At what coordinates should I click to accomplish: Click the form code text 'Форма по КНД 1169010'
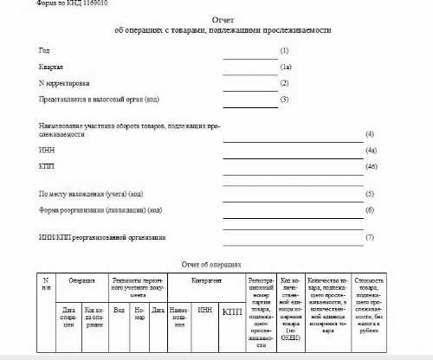tap(66, 5)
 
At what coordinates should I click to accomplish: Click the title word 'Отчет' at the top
tap(223, 19)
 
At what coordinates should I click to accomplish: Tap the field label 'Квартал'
tap(50, 67)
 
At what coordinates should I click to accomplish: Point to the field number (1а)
tap(286, 67)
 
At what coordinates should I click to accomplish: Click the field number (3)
tap(284, 100)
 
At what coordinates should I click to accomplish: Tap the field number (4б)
tap(372, 165)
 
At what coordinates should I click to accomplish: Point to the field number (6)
tap(370, 210)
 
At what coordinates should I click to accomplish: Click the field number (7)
tap(370, 237)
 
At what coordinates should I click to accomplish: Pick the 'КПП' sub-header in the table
tap(232, 312)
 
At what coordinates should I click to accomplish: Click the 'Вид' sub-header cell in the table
tap(119, 309)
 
